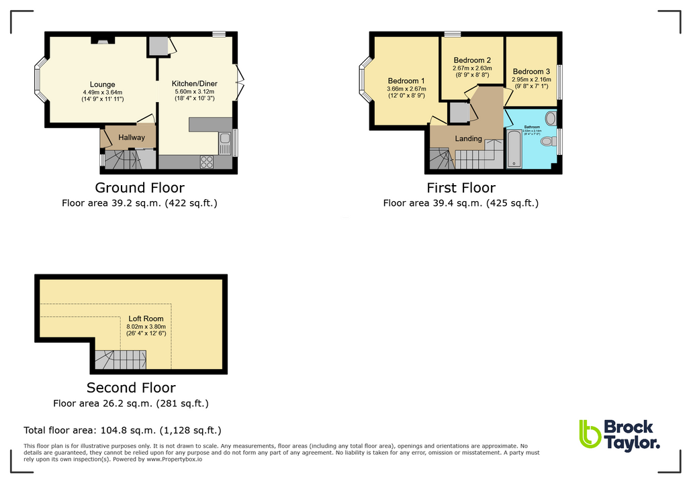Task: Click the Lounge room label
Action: [103, 85]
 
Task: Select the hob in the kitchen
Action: [206, 161]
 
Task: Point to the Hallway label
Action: [132, 138]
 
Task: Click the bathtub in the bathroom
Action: [514, 149]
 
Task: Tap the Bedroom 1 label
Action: [406, 81]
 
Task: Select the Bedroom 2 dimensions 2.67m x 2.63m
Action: [472, 68]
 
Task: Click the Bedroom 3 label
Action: [531, 72]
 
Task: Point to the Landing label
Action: [468, 139]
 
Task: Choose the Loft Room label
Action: [146, 319]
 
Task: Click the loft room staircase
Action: [120, 360]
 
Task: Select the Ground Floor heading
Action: [140, 188]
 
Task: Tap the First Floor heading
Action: [461, 188]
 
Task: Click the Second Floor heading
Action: [131, 388]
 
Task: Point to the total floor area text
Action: [122, 430]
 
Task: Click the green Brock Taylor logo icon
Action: [589, 433]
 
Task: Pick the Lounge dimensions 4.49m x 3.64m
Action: [102, 93]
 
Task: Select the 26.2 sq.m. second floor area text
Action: [131, 403]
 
